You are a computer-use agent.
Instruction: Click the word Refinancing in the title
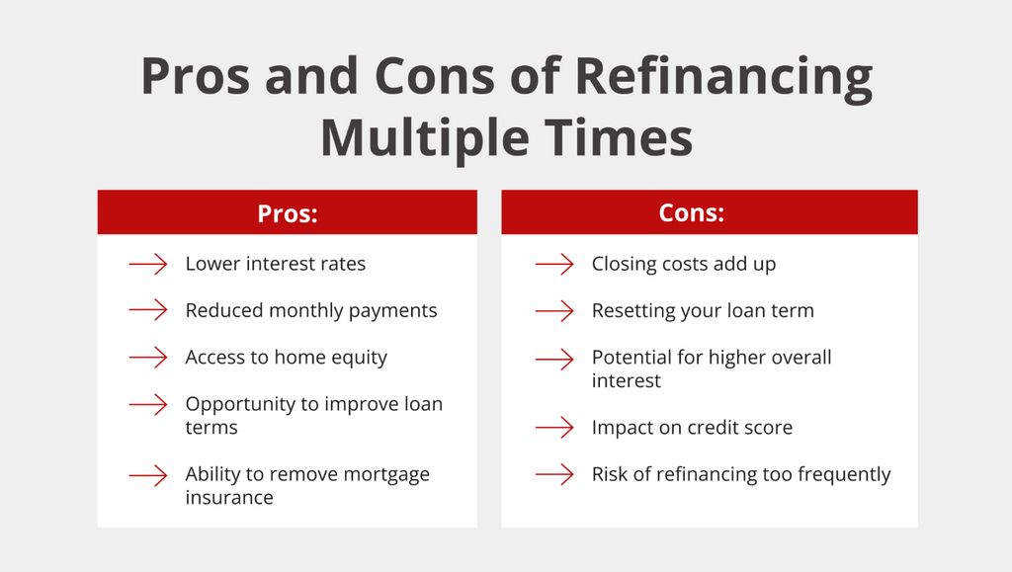click(722, 78)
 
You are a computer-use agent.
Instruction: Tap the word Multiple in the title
click(423, 138)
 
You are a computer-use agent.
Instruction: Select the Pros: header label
click(288, 213)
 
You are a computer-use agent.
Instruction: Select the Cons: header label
click(691, 212)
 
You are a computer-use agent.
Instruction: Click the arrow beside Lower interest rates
click(148, 264)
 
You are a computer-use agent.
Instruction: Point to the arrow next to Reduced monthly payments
click(148, 310)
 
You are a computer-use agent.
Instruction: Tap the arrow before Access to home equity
click(148, 358)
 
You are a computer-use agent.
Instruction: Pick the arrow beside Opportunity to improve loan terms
click(148, 404)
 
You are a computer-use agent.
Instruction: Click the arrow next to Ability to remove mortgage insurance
click(148, 475)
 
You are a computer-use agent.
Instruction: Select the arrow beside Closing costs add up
click(554, 264)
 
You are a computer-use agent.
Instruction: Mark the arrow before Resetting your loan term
click(554, 311)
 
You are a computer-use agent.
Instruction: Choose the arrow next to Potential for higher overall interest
click(554, 359)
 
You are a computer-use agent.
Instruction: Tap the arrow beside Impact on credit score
click(554, 427)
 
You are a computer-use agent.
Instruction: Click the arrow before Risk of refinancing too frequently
click(554, 474)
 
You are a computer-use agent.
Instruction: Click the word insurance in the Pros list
click(229, 498)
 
